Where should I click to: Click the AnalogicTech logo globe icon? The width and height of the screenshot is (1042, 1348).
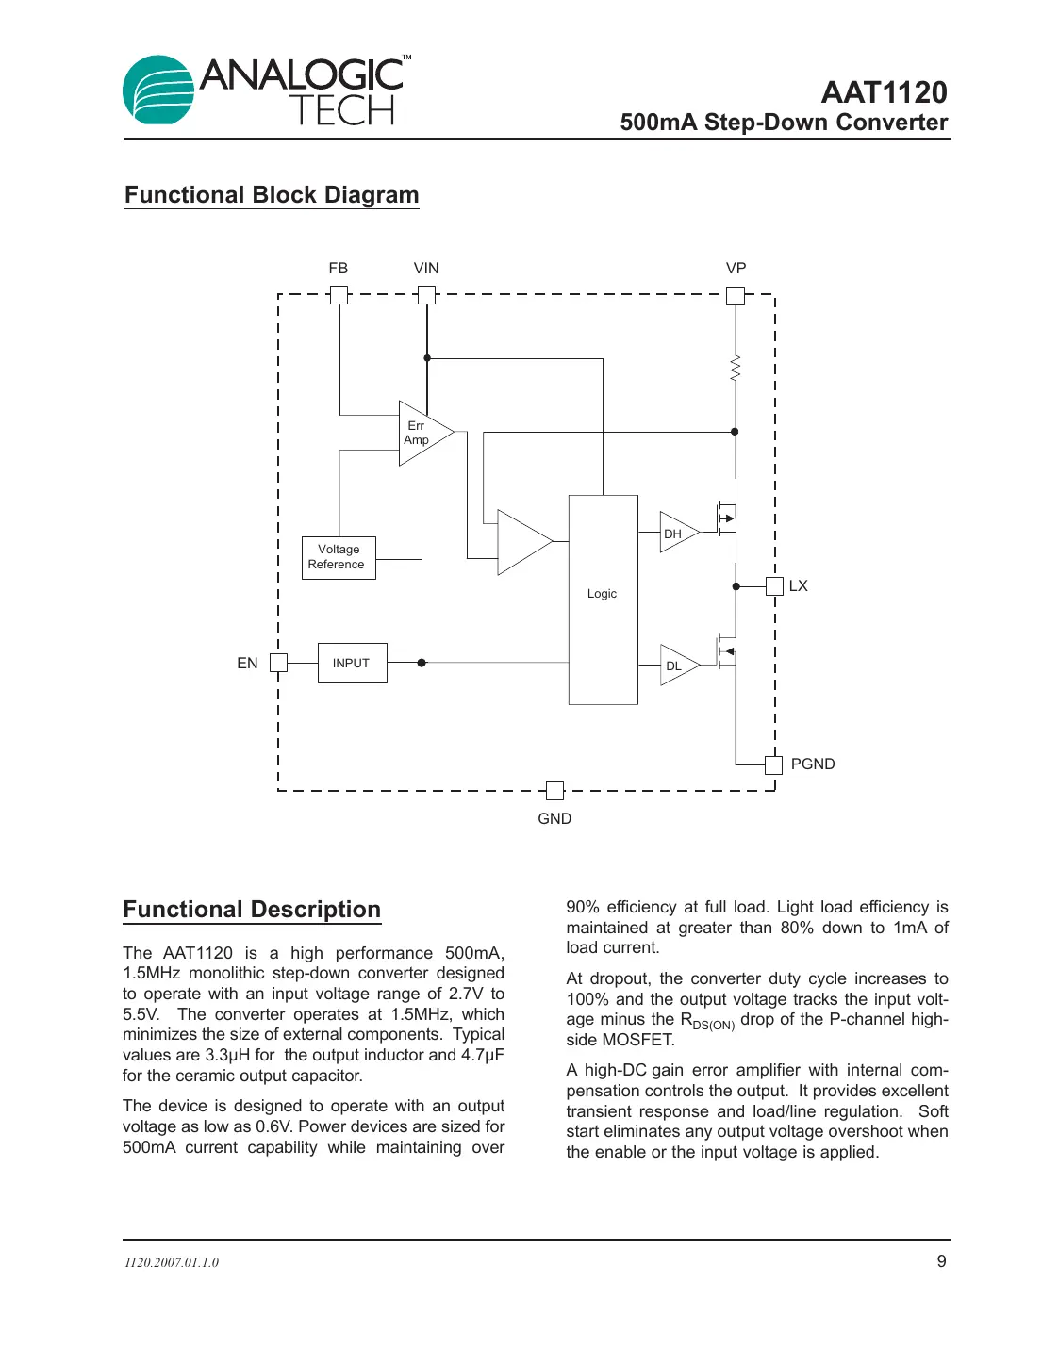157,90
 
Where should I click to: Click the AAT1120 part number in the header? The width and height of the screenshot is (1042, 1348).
884,92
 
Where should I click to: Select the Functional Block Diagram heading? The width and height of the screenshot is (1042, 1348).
272,195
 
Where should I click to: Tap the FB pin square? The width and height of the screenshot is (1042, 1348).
339,295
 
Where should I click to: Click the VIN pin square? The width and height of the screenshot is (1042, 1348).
426,295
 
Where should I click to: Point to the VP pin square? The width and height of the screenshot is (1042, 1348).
736,296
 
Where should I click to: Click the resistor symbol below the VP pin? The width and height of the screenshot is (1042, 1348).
736,368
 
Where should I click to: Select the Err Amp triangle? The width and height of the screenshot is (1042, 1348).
421,434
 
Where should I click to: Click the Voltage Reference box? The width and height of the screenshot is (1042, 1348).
339,557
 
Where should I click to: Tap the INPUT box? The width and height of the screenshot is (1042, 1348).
352,663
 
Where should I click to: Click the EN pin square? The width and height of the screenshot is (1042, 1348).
278,663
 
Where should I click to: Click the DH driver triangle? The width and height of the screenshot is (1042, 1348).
676,533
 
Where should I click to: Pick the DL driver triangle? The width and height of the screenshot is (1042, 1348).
676,666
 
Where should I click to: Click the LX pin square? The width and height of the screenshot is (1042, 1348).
774,586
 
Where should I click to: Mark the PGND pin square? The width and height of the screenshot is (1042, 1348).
773,764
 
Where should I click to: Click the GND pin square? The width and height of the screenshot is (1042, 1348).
554,791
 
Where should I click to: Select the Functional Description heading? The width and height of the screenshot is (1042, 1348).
252,910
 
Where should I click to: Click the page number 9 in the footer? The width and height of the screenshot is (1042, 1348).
941,1261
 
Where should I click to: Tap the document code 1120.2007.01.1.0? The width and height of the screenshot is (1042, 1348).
172,1262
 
